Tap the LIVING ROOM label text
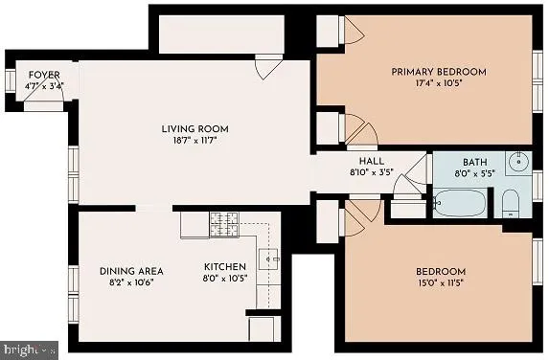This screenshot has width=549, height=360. point(194,128)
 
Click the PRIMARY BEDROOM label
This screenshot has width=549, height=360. point(438,72)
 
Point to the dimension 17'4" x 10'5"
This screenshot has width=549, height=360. point(438,83)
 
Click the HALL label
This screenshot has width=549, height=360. point(372,161)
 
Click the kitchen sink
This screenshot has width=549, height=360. point(271,258)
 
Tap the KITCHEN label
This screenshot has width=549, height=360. point(225,266)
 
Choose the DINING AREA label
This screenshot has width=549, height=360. point(131,271)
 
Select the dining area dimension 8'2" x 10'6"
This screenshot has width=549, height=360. point(131,282)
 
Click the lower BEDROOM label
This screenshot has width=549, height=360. point(441,271)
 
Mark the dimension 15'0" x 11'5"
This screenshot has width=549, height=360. point(441,282)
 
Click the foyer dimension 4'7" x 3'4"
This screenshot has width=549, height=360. point(45,84)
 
